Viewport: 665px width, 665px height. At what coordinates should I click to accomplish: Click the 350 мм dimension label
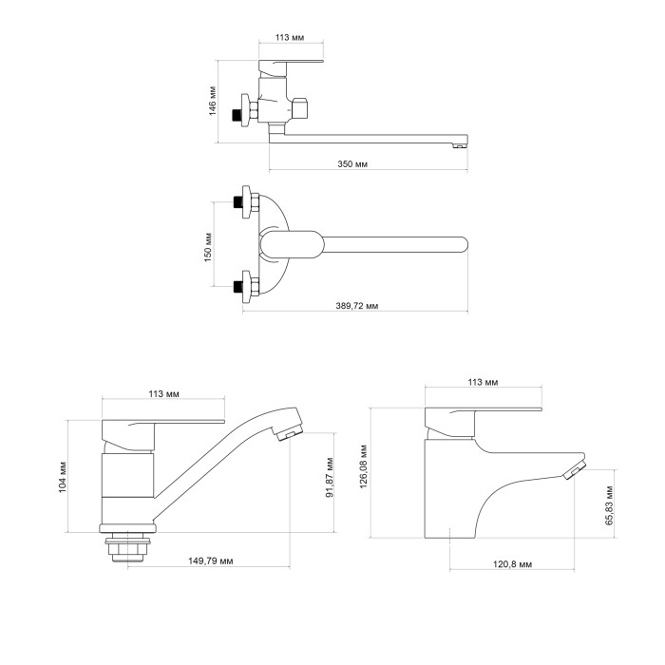[352, 163]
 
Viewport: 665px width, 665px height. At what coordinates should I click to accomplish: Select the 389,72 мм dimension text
[357, 305]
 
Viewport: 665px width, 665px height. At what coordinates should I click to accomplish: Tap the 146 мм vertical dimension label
[212, 101]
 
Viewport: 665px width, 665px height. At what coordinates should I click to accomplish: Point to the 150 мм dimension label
[208, 247]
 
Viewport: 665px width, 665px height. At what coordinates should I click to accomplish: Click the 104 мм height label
[63, 477]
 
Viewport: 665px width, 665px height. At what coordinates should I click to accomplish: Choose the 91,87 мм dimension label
[330, 478]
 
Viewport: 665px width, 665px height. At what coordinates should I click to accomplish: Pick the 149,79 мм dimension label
[211, 561]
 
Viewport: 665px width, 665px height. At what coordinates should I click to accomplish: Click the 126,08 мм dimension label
[364, 466]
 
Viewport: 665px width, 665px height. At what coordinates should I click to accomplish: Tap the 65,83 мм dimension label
[609, 505]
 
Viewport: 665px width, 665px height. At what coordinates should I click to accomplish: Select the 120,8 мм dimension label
[512, 564]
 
